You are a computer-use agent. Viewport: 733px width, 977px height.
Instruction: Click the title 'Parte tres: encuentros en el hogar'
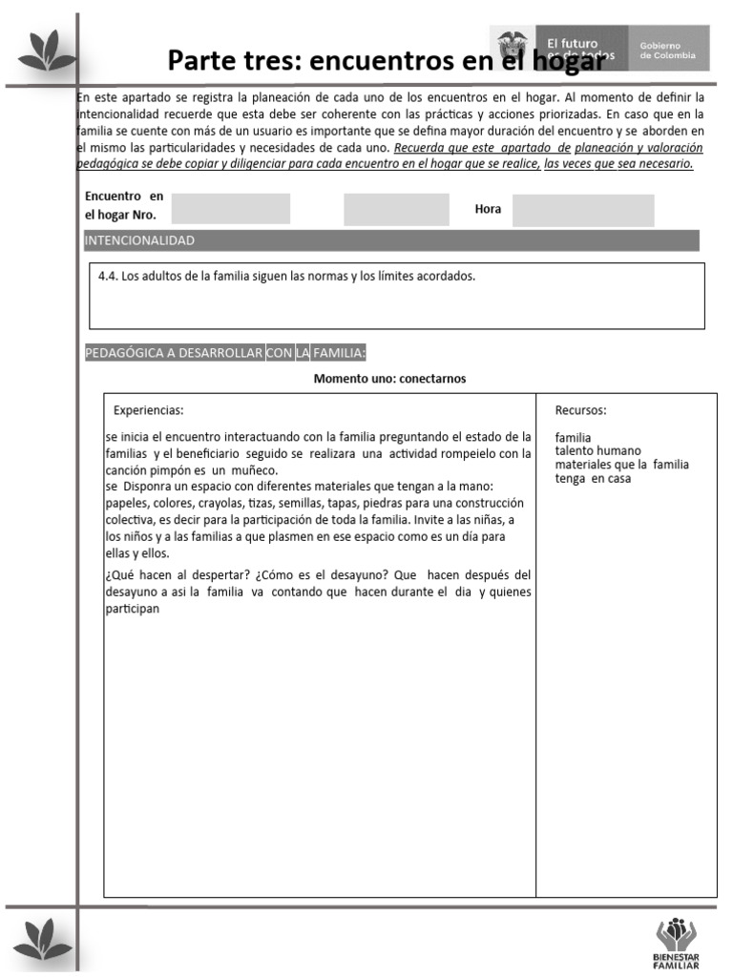[386, 60]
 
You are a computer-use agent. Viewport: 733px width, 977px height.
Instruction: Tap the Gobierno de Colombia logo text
[668, 51]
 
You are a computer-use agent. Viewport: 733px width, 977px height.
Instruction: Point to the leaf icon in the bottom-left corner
[45, 938]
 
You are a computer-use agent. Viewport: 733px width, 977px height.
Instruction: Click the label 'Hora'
[488, 209]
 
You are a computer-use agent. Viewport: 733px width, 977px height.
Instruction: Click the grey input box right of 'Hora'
[583, 210]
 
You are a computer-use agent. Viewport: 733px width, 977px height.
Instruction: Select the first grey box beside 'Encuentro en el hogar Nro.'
[230, 208]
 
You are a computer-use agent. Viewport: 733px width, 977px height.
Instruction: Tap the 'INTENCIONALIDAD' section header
[139, 240]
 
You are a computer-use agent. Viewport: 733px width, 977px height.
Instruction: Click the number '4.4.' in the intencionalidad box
[108, 277]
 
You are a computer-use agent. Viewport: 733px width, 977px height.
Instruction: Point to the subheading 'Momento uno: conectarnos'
[389, 379]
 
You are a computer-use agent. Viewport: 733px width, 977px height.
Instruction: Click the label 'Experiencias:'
[148, 410]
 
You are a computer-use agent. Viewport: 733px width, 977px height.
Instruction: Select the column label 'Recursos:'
[580, 410]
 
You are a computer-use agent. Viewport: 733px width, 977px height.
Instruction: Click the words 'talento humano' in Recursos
[597, 451]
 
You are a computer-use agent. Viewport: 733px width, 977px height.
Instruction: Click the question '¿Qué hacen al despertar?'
[175, 575]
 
